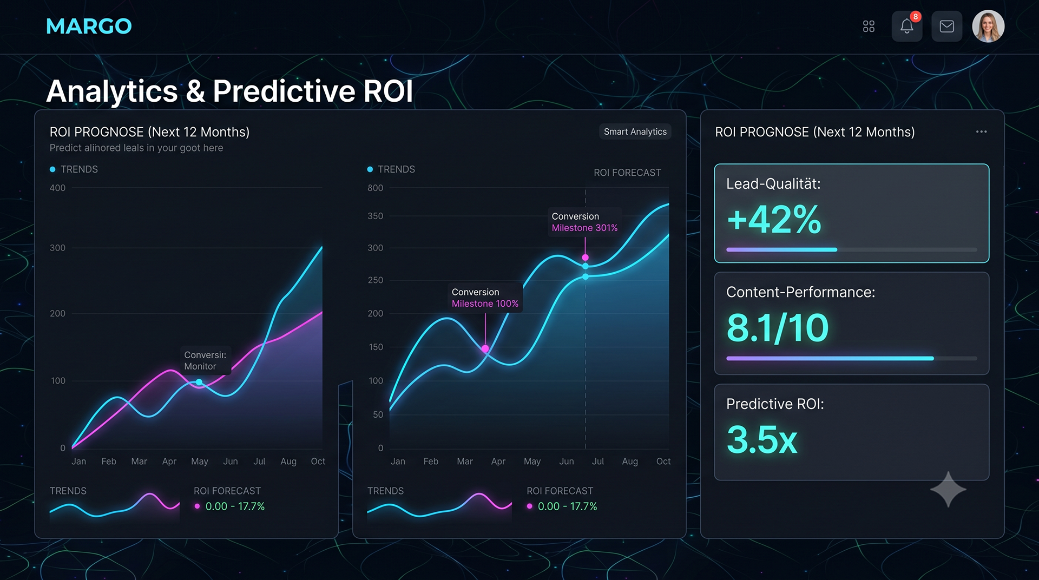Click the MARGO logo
[x=89, y=26]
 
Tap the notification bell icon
[x=907, y=26]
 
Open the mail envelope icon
[x=946, y=26]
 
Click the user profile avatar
[x=988, y=26]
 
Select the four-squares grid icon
[x=869, y=27]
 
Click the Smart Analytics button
[x=635, y=131]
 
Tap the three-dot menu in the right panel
[x=981, y=131]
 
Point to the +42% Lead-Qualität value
[x=774, y=219]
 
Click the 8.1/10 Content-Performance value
[x=778, y=328]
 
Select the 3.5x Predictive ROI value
[x=762, y=439]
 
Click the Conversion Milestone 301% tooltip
[x=584, y=222]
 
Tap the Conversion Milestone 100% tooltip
[x=485, y=298]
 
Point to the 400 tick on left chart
[x=57, y=188]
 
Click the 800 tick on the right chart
[x=375, y=188]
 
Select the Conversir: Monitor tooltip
[x=205, y=360]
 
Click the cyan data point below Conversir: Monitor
[x=199, y=383]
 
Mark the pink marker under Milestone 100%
[x=485, y=349]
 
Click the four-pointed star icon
[x=948, y=490]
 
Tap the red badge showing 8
[x=915, y=17]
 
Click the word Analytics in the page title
[x=112, y=91]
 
